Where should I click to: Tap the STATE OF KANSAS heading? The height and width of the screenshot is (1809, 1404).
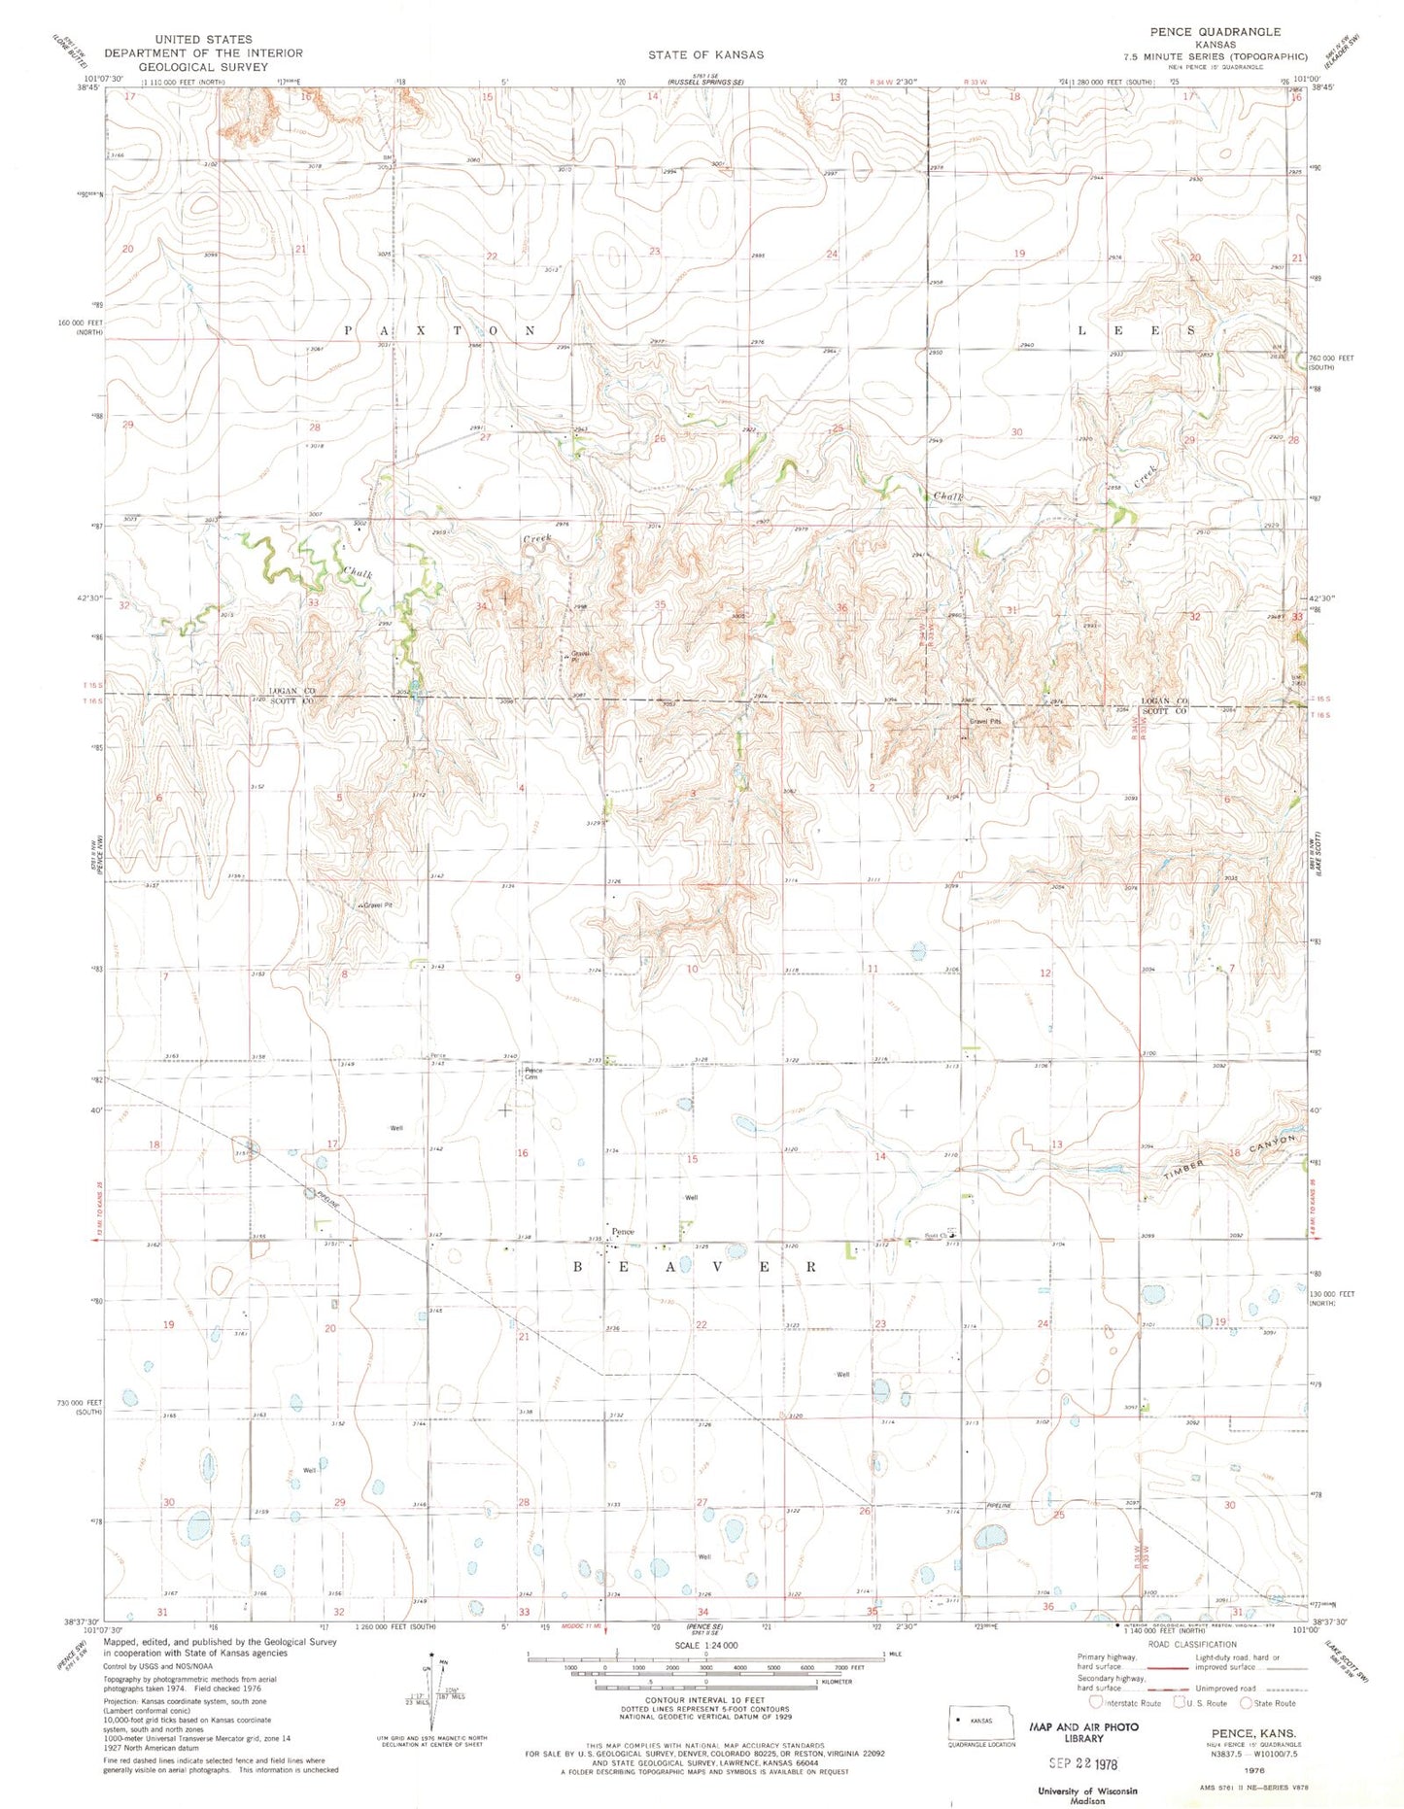click(705, 54)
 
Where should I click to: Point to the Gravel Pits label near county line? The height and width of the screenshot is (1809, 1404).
click(984, 722)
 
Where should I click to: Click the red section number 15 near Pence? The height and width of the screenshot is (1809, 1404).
click(692, 1159)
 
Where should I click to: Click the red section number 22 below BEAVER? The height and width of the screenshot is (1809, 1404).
click(702, 1324)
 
